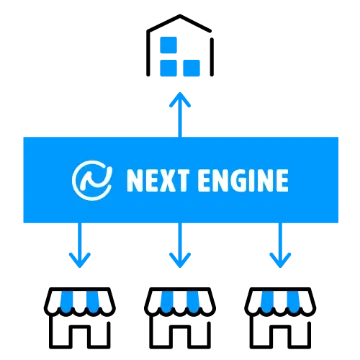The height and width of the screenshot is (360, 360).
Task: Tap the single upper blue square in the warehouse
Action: (x=168, y=45)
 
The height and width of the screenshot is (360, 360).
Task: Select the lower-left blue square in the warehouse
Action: (x=168, y=68)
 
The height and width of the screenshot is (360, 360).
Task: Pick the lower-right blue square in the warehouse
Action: (x=192, y=68)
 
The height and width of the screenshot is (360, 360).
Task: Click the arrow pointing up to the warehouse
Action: (x=180, y=114)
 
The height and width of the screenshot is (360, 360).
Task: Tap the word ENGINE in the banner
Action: (x=243, y=180)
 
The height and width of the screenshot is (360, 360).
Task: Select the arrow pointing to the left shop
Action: (x=80, y=245)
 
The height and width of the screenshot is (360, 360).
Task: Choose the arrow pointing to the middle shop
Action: (x=180, y=245)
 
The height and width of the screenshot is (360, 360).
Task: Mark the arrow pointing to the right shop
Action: (x=280, y=245)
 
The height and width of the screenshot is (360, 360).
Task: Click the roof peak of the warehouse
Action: (x=180, y=15)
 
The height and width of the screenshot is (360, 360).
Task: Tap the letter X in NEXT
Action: (x=167, y=181)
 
